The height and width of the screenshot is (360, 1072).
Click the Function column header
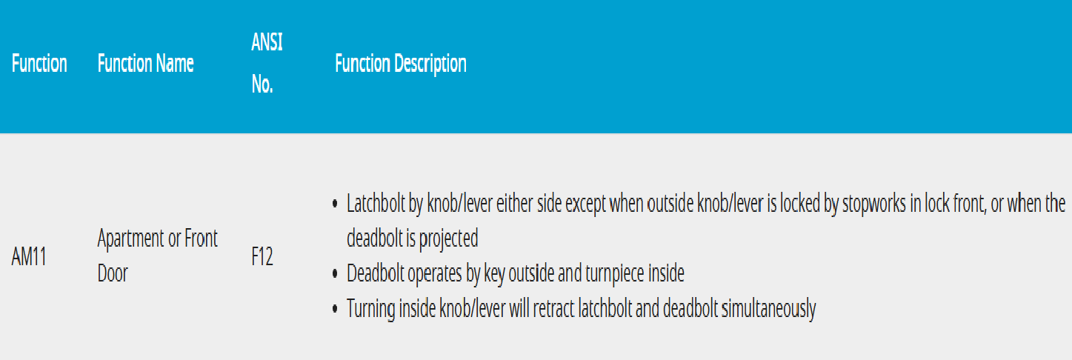39,64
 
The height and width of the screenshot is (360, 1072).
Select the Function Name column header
145,64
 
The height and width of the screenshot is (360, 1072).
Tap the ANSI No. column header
267,63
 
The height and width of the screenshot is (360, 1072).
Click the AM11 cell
29,256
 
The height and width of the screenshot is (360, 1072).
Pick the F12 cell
262,256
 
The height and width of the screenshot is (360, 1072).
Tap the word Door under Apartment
113,273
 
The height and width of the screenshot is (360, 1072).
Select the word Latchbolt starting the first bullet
376,204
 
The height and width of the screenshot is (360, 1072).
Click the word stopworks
874,204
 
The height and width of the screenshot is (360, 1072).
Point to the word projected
448,239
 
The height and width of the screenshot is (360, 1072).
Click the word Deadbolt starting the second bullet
375,273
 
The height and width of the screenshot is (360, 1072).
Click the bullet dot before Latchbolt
335,204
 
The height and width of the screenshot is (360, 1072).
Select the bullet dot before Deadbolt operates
335,274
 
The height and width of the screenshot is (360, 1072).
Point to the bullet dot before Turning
335,309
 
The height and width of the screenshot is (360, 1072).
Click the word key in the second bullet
494,274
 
